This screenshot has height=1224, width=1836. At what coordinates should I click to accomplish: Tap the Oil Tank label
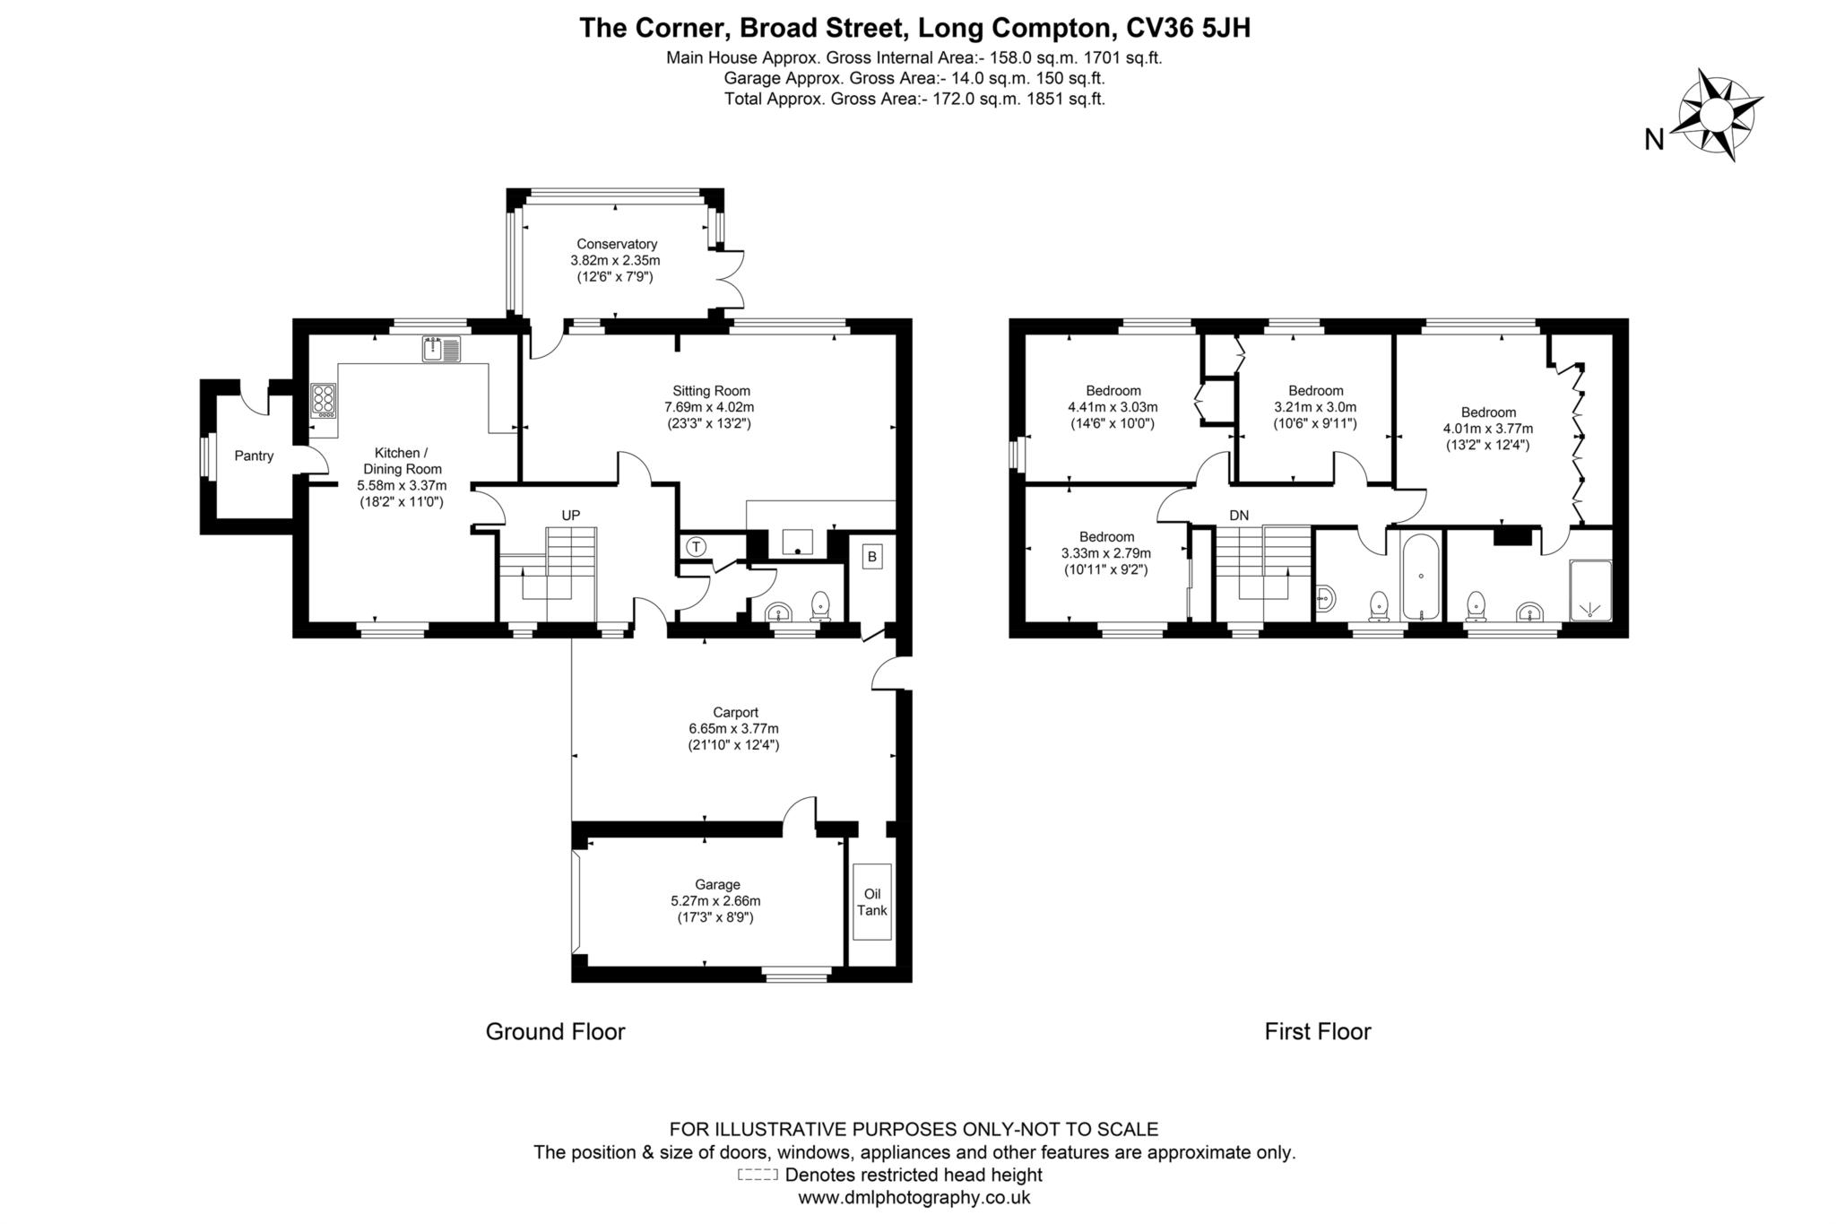coord(871,902)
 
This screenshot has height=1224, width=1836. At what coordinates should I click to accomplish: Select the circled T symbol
coord(696,546)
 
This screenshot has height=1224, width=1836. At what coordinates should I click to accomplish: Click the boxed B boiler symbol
coord(871,557)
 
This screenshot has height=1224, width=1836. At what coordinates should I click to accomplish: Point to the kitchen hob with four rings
coord(324,400)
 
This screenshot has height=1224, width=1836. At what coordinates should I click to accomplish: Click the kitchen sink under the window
coord(440,349)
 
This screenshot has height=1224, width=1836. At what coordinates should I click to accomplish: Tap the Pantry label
coord(254,456)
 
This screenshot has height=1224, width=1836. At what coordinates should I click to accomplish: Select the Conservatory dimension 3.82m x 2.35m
coord(615,260)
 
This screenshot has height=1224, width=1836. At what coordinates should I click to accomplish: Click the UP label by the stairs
coord(570,515)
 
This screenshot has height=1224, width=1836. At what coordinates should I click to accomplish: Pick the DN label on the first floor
coord(1239,515)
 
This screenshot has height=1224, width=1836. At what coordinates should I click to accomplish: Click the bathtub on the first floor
coord(1421,577)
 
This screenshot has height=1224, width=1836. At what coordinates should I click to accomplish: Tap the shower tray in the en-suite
coord(1590,590)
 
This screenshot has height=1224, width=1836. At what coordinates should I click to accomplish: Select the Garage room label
coord(717,884)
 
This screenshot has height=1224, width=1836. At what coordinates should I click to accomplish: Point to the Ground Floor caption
coord(555,1031)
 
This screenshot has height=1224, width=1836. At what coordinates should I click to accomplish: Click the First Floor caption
coord(1317,1031)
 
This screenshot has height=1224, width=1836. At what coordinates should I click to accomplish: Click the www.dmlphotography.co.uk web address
coord(914,1197)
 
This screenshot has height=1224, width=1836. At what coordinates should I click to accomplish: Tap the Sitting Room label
coord(711,391)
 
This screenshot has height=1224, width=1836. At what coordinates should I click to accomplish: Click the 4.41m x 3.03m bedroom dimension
coord(1112,407)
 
